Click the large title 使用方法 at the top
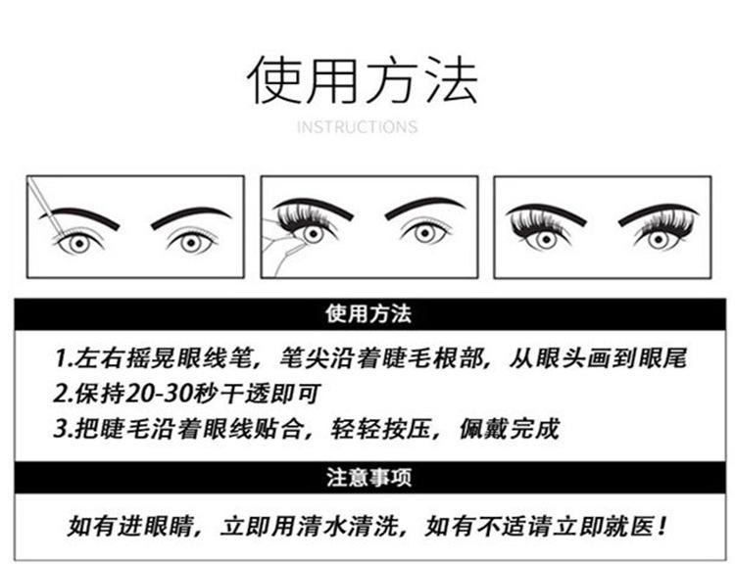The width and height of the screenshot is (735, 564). pyautogui.click(x=363, y=79)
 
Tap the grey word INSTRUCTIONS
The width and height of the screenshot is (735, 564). pyautogui.click(x=357, y=127)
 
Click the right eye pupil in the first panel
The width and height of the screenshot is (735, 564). pyautogui.click(x=191, y=243)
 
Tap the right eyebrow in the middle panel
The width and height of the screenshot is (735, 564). pyautogui.click(x=424, y=207)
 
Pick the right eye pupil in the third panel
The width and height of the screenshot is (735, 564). pyautogui.click(x=659, y=239)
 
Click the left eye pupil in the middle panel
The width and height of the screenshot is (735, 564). pyautogui.click(x=313, y=233)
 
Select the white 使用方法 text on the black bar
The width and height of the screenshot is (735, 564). pyautogui.click(x=368, y=314)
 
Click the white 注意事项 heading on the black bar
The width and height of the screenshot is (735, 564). pyautogui.click(x=368, y=477)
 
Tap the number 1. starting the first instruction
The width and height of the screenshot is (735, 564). pyautogui.click(x=63, y=358)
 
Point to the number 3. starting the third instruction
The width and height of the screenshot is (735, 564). pyautogui.click(x=64, y=429)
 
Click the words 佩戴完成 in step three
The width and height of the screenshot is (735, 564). pyautogui.click(x=510, y=429)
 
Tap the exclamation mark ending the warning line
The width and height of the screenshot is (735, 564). pyautogui.click(x=661, y=526)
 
